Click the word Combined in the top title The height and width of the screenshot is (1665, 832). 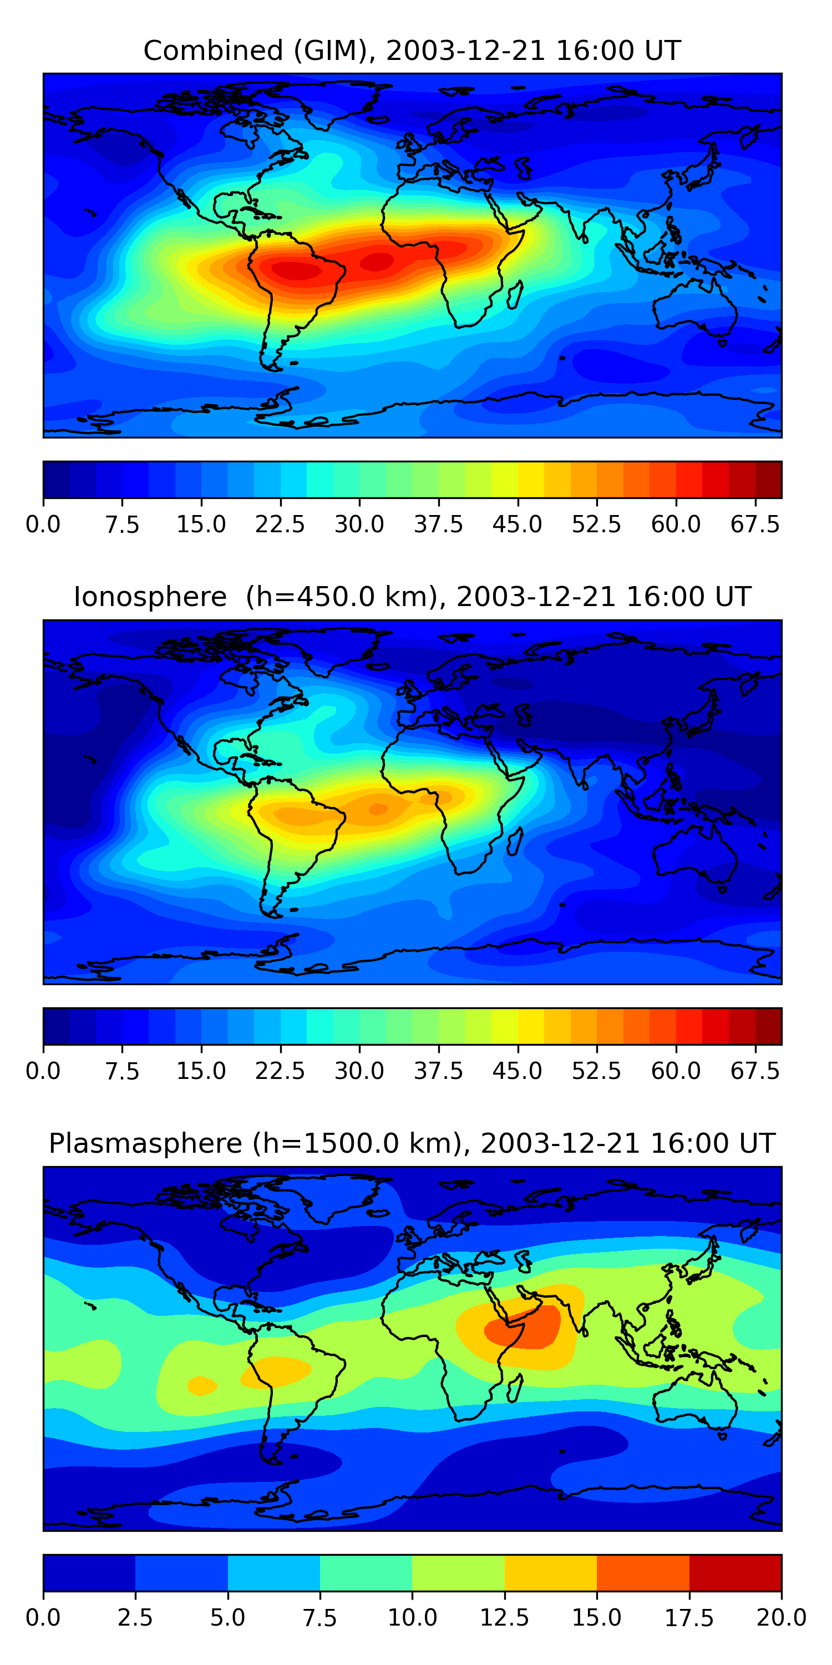click(x=213, y=51)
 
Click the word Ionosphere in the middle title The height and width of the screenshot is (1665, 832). click(x=150, y=597)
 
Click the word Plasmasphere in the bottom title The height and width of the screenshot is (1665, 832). click(x=145, y=1143)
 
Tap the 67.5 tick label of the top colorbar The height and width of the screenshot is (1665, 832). click(x=755, y=524)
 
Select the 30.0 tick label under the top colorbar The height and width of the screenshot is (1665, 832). click(x=359, y=524)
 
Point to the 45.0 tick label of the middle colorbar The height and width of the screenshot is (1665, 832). click(x=518, y=1071)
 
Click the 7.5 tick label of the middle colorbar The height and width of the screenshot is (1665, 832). click(x=122, y=1071)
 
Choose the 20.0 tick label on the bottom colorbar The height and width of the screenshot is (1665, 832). click(x=781, y=1618)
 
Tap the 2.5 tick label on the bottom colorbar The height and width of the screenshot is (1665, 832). click(x=135, y=1618)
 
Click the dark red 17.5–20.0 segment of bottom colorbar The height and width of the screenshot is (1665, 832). click(x=735, y=1572)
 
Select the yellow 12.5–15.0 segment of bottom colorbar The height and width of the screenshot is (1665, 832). click(x=550, y=1572)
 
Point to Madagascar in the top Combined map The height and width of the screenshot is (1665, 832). click(x=515, y=295)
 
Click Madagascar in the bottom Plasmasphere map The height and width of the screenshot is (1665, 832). click(x=515, y=1389)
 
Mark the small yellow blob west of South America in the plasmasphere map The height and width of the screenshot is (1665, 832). click(x=201, y=1385)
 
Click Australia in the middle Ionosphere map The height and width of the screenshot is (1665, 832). click(x=694, y=853)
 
